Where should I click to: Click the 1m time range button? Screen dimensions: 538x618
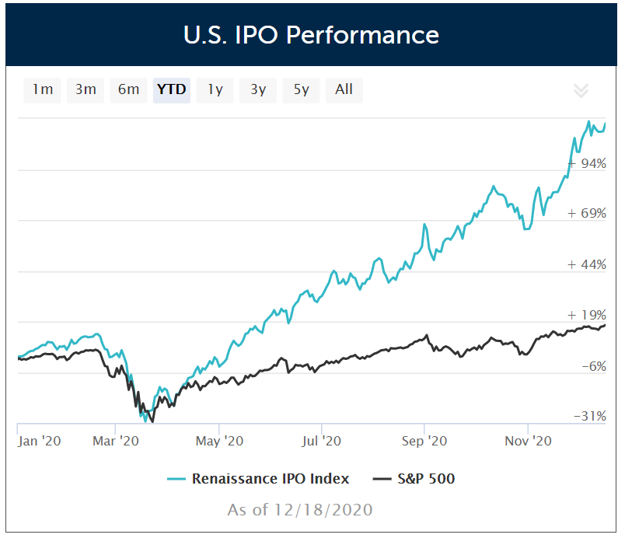(43, 89)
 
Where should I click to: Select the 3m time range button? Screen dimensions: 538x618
(86, 89)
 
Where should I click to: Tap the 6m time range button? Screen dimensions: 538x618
(129, 89)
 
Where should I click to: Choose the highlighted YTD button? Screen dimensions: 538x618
(172, 89)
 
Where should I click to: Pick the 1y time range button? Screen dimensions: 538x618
(215, 89)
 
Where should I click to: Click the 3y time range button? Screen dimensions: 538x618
(258, 89)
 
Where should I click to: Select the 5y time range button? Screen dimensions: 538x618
(302, 89)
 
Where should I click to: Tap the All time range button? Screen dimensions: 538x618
(344, 89)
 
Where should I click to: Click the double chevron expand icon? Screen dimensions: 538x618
(581, 90)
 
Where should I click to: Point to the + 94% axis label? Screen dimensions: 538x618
(587, 163)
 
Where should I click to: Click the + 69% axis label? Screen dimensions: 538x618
(587, 214)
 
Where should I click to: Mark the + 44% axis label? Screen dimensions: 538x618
(587, 264)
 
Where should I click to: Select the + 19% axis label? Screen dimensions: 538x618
(587, 315)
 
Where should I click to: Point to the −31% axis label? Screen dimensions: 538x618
(590, 417)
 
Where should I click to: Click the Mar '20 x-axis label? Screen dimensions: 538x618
(116, 441)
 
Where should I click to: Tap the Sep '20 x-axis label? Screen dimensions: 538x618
(424, 441)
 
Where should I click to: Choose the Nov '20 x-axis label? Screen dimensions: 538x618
(528, 441)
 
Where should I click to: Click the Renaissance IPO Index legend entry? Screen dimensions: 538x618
(270, 478)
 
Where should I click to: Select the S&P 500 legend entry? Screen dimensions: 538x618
(424, 478)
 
